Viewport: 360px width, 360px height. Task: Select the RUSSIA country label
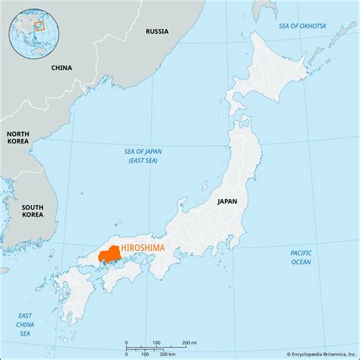click(156, 32)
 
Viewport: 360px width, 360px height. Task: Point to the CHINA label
click(62, 68)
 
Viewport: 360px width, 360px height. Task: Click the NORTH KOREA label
click(19, 137)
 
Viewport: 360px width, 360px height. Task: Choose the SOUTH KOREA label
click(32, 211)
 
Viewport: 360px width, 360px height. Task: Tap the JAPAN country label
click(227, 201)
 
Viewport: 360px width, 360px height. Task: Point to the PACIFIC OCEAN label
click(301, 257)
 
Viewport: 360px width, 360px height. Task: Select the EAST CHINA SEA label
click(26, 324)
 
